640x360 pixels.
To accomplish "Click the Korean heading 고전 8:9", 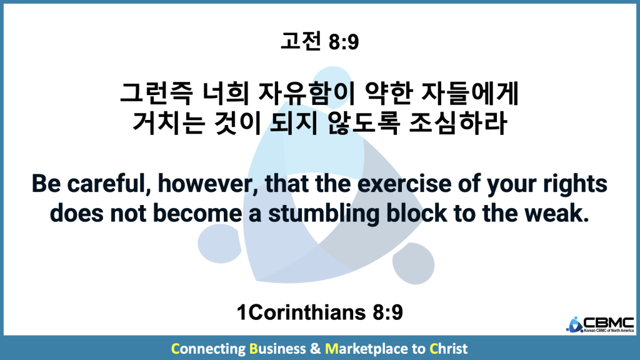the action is click(319, 42).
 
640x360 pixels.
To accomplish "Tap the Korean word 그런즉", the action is click(156, 93).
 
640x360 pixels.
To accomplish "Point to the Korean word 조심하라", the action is click(457, 123).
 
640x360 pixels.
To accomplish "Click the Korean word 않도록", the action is click(363, 123).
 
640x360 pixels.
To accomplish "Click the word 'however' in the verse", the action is click(208, 184).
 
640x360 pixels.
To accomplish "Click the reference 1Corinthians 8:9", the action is click(319, 312).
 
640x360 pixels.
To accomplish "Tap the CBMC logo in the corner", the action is click(600, 324).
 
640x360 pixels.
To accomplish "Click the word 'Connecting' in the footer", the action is click(208, 349).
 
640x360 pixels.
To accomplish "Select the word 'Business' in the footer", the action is click(277, 349).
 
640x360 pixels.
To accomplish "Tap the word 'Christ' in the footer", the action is click(448, 349).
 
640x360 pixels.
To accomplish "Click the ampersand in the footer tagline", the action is click(315, 349).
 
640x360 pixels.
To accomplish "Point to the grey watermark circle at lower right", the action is click(413, 263).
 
